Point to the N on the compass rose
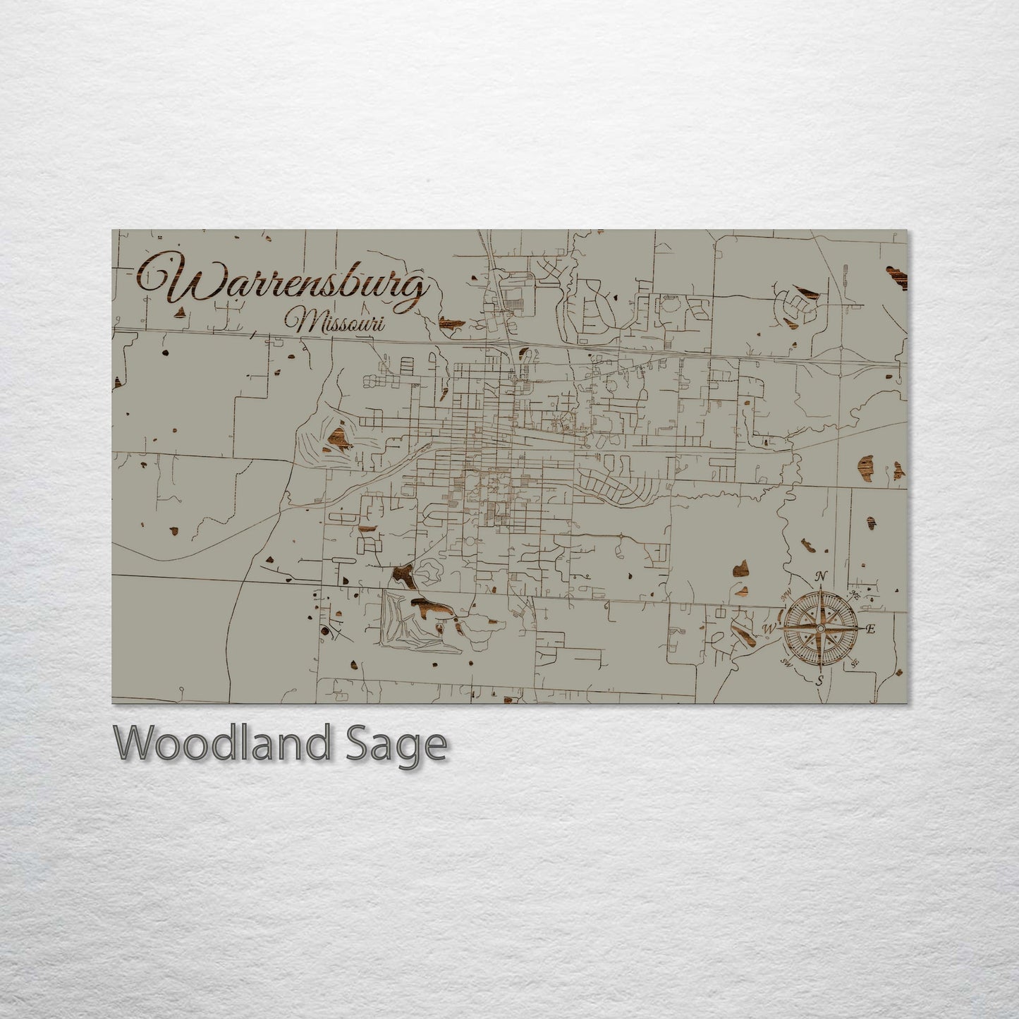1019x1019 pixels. coord(820,577)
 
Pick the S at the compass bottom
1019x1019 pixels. coord(819,681)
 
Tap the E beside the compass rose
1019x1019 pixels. coord(870,629)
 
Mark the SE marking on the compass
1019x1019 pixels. coord(855,664)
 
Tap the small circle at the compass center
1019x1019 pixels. coord(820,628)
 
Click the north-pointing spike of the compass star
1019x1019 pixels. coord(820,599)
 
